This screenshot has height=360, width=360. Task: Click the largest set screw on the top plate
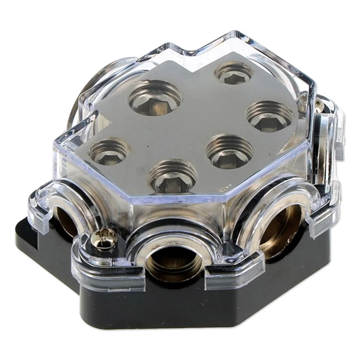pyautogui.click(x=154, y=98)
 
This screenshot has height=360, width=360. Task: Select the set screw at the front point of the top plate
pyautogui.click(x=173, y=176)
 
